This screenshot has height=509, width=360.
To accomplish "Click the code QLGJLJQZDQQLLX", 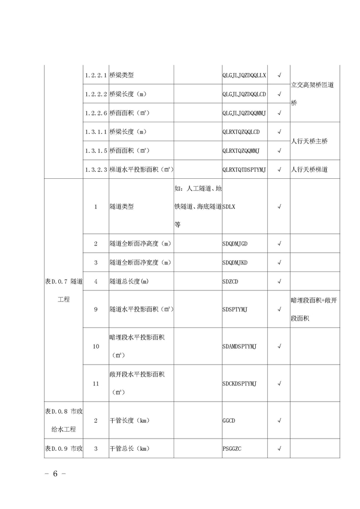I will coord(244,75).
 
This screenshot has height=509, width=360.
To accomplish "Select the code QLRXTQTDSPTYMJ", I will coord(244,169).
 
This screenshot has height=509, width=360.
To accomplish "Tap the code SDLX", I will coord(229,206).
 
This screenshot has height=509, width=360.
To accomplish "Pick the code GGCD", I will coord(229,421).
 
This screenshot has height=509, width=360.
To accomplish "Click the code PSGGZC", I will coord(232,449).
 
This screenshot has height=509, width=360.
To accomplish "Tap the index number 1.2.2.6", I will coord(96,113).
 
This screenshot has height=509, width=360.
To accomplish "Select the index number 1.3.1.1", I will coord(96,132).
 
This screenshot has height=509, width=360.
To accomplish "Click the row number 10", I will coord(96,346).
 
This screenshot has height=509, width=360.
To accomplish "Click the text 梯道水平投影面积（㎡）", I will coord(142,169).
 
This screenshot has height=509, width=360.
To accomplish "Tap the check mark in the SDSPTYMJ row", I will coord(279,309).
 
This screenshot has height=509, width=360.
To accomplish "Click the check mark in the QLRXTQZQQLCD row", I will coord(279,132).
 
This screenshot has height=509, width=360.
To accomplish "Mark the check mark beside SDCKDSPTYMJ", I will coord(279,383).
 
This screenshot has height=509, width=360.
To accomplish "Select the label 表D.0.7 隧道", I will coord(64,281).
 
